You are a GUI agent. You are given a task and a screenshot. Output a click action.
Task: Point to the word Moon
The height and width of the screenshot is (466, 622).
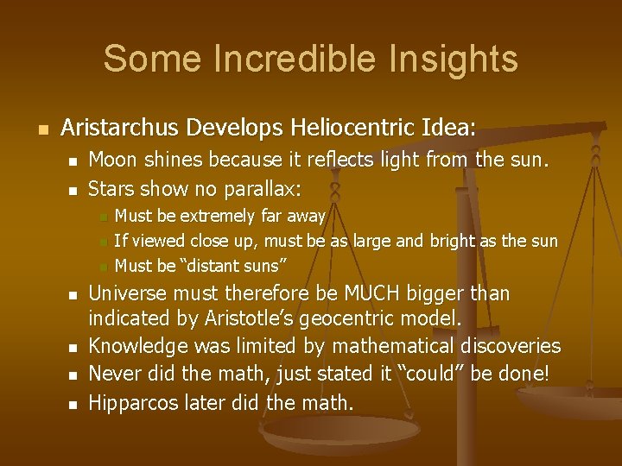tap(111, 160)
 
